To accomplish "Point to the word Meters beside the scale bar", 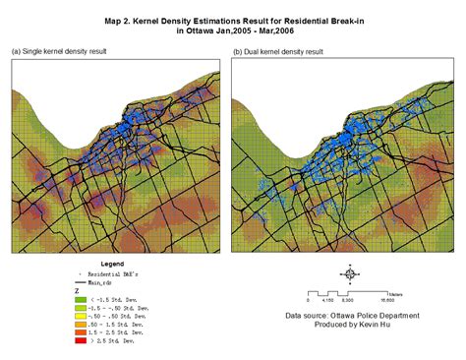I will pyautogui.click(x=396, y=292).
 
